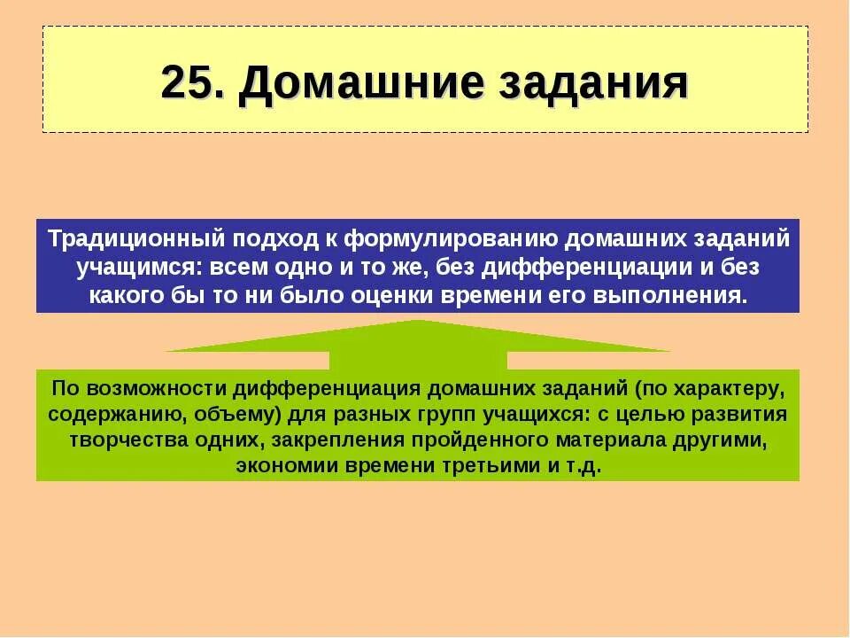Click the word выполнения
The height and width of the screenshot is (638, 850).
tap(688, 296)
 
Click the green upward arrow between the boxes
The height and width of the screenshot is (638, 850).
tap(418, 346)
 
